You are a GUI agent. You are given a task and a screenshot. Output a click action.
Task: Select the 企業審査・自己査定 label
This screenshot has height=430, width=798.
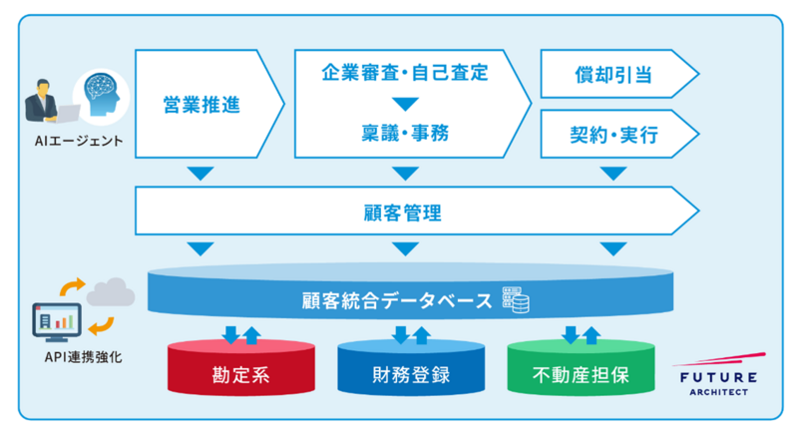pos(404,73)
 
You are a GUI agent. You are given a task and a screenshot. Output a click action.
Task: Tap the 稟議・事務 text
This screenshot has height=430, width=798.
pos(404,133)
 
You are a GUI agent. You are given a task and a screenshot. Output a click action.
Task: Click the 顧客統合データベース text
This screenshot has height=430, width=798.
pos(396,298)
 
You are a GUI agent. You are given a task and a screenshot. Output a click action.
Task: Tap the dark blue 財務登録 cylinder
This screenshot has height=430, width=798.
pos(405,376)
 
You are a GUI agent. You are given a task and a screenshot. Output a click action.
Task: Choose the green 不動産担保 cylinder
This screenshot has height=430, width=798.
pos(580,376)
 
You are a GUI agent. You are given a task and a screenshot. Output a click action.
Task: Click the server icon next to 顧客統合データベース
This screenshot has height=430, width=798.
pos(516,298)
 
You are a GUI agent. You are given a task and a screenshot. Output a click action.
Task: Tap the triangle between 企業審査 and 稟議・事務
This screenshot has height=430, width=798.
pos(404,103)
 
